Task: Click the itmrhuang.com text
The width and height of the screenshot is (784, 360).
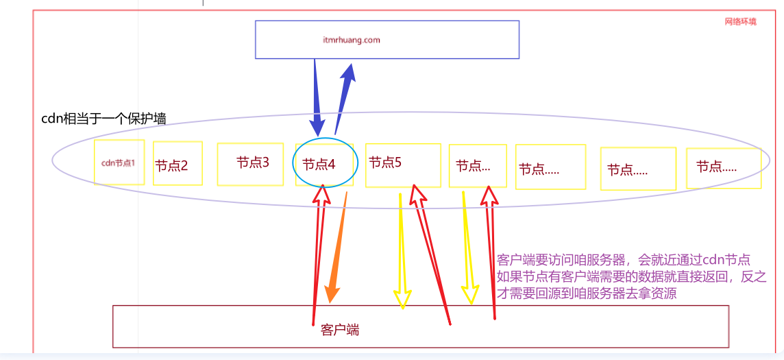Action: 351,40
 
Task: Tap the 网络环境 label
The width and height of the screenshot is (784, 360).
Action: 740,22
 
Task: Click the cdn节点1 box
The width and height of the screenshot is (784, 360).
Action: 119,163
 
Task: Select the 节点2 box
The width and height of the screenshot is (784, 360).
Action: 177,164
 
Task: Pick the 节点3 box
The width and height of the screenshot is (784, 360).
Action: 250,164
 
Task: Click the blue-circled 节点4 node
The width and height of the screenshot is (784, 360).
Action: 325,165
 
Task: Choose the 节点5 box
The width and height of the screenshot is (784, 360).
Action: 402,165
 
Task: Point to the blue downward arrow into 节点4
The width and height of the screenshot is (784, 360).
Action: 317,96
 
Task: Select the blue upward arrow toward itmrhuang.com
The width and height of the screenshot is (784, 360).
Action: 344,96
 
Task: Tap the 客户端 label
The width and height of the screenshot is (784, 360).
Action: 340,330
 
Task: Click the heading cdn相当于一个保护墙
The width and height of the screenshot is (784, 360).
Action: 103,119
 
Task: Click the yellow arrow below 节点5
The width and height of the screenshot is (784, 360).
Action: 401,254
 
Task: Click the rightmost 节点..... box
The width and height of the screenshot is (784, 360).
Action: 723,167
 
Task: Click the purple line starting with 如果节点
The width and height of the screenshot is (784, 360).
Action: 631,277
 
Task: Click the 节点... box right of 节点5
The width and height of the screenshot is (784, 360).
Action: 478,165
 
